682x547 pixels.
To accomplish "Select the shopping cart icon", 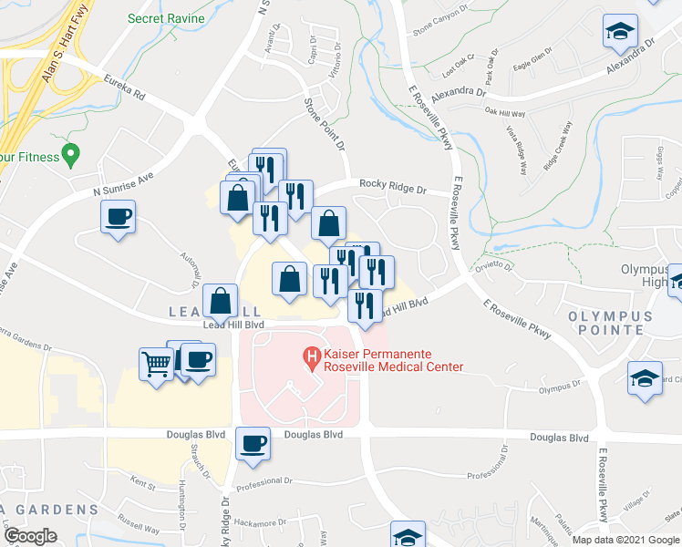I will [156, 365].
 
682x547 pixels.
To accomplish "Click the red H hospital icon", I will [313, 355].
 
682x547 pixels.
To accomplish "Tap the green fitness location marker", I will [67, 155].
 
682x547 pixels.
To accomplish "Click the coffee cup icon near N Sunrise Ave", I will [119, 217].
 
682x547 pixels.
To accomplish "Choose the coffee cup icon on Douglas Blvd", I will [253, 443].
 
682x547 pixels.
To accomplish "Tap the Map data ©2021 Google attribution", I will [625, 540].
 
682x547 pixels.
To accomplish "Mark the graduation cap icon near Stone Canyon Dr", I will [620, 33].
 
